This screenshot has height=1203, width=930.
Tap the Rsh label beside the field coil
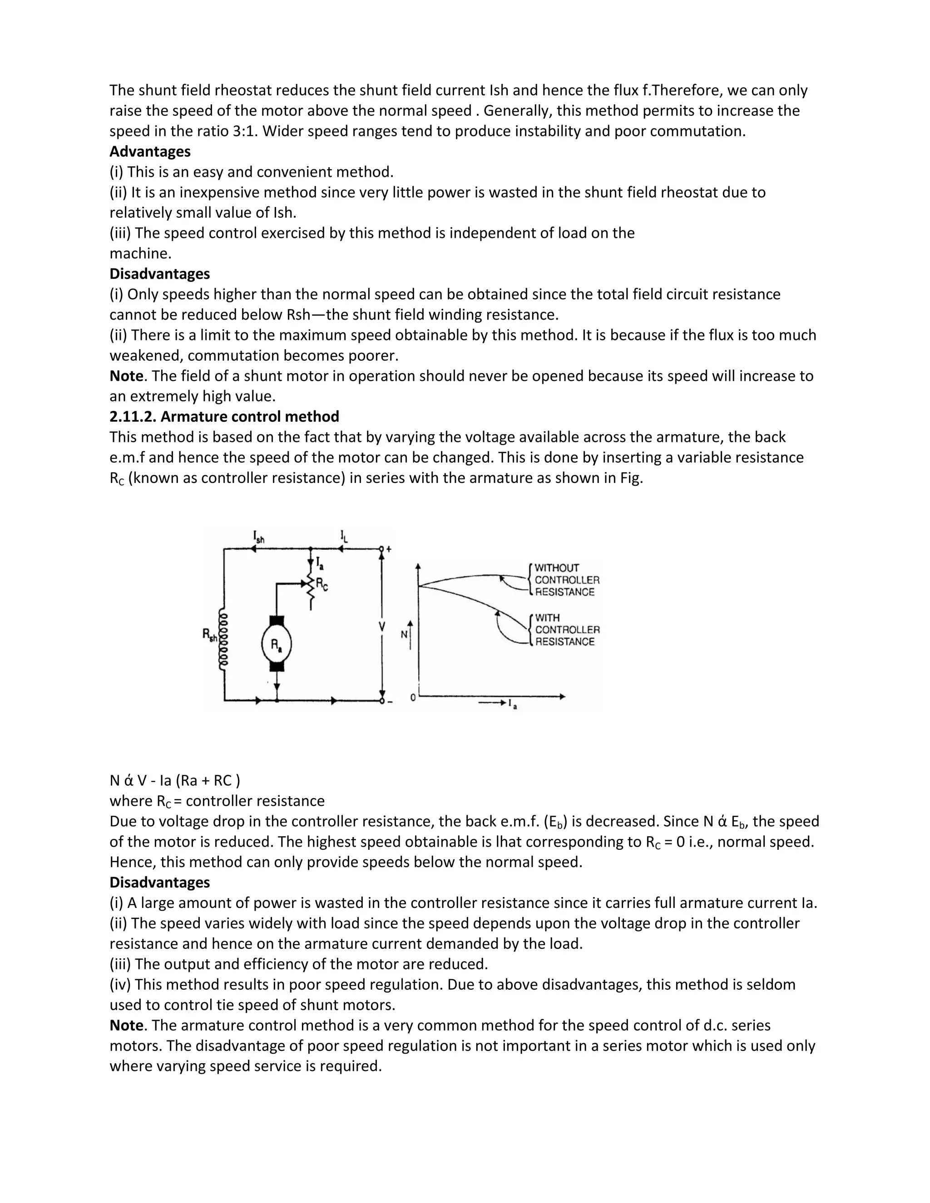point(210,635)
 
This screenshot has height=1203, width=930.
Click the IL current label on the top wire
point(344,536)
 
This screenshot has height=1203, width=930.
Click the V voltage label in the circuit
point(382,626)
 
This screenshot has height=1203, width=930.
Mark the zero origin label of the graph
point(413,698)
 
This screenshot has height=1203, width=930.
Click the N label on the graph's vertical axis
point(404,635)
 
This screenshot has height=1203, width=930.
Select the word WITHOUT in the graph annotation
point(557,568)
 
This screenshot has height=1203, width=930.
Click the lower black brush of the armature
point(277,666)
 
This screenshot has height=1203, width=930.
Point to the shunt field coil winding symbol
point(224,639)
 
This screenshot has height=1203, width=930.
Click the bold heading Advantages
point(150,152)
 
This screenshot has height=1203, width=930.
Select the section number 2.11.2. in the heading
point(133,416)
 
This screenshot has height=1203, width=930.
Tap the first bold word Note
point(126,376)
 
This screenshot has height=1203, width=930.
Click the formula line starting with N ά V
point(175,780)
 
